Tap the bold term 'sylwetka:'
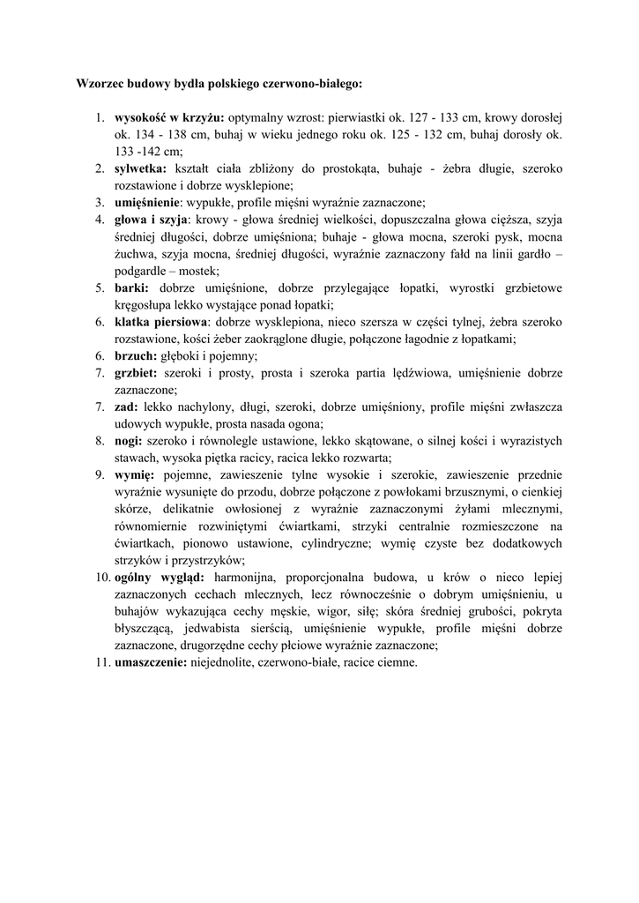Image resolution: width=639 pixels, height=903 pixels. [140, 168]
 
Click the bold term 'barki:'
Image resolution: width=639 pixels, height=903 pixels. [132, 287]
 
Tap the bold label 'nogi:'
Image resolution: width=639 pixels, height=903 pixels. [129, 440]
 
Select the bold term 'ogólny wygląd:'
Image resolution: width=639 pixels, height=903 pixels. [154, 577]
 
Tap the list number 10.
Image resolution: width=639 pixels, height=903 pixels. [99, 577]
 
